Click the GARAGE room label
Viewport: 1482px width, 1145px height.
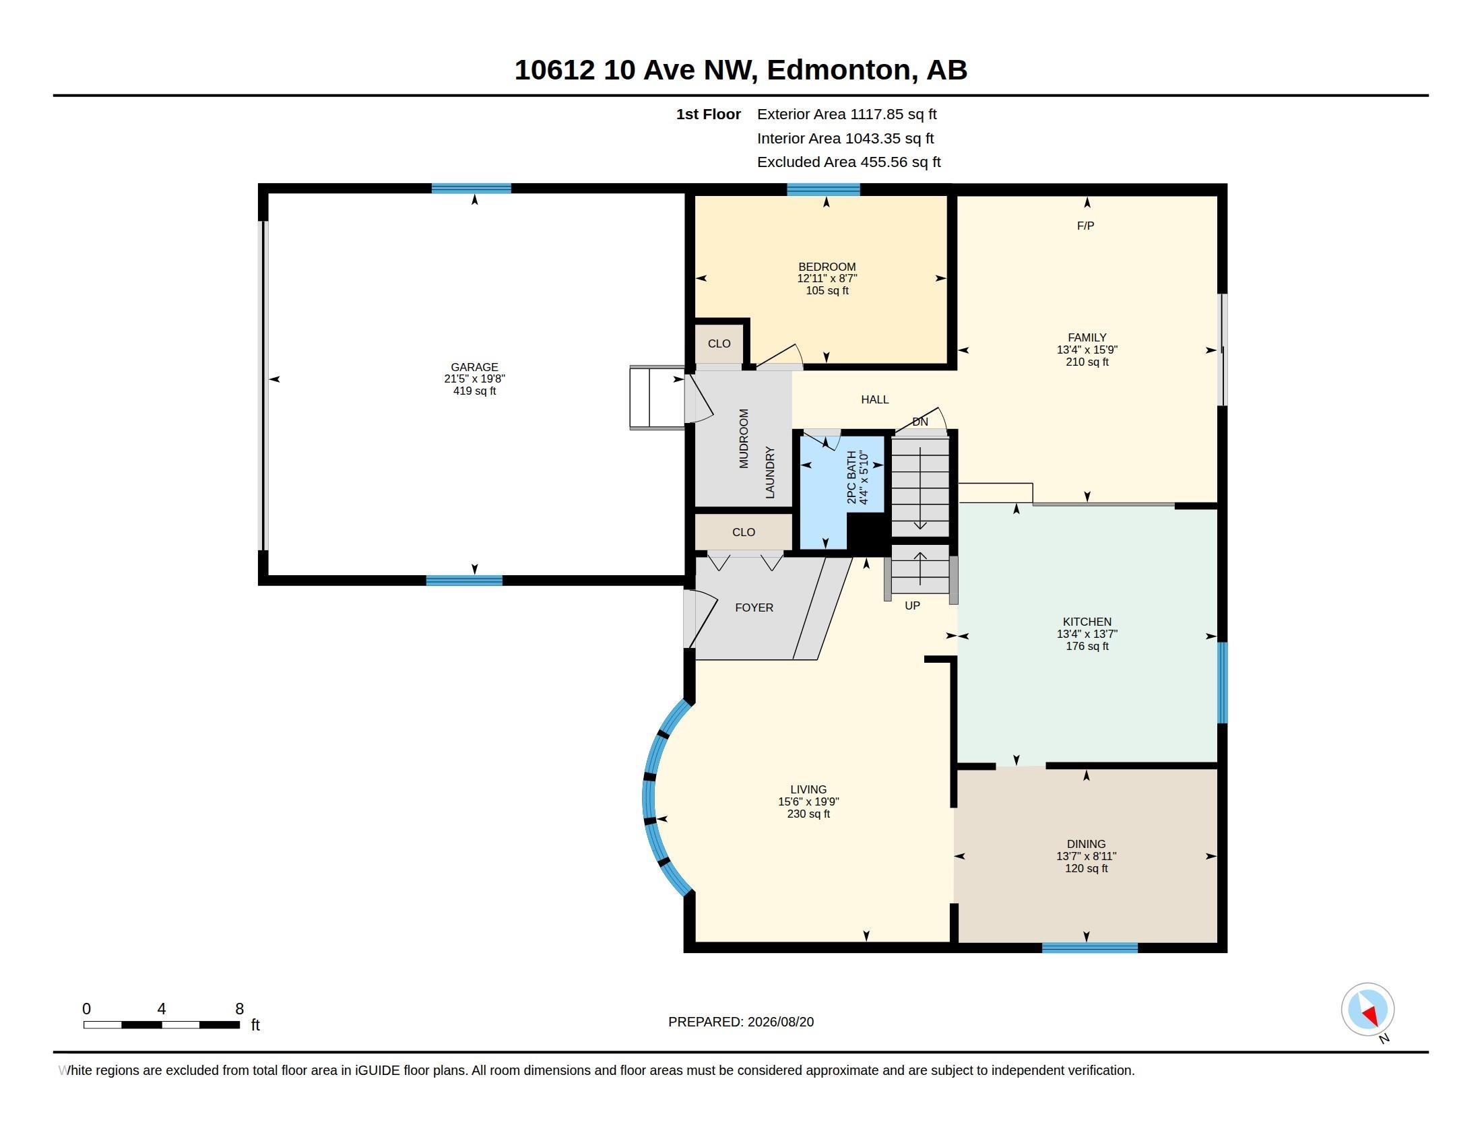(474, 367)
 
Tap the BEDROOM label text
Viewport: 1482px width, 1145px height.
(827, 267)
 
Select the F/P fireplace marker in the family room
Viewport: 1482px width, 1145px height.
(1086, 225)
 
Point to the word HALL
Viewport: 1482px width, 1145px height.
(874, 399)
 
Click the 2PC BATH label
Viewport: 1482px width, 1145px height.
(851, 477)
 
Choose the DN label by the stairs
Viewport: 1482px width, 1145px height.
(920, 421)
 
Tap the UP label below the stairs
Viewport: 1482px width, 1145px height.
(912, 605)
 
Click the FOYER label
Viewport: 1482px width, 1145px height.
(754, 607)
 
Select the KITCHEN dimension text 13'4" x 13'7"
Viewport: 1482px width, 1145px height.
(1087, 634)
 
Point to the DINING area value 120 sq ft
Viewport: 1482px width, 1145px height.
(1087, 868)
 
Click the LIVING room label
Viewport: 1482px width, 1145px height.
(808, 789)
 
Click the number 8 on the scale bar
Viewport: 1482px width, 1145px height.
(240, 1009)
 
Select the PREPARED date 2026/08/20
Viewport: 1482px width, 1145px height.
(780, 1022)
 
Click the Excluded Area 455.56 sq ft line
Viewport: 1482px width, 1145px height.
(849, 162)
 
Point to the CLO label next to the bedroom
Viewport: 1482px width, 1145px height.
(719, 343)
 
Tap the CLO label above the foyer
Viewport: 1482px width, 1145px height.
(744, 532)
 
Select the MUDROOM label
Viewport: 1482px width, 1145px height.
(744, 438)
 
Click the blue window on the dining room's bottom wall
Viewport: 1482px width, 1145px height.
(1090, 947)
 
